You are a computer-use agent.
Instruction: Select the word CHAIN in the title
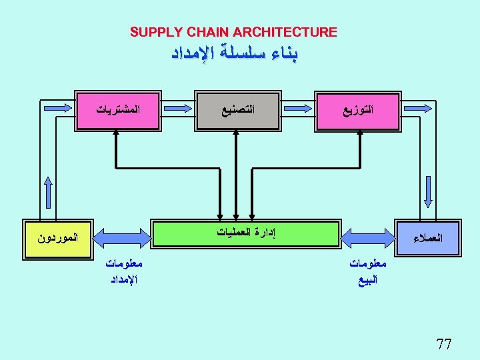[204, 32]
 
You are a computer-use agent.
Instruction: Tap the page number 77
[443, 344]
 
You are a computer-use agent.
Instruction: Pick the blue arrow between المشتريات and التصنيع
[175, 108]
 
